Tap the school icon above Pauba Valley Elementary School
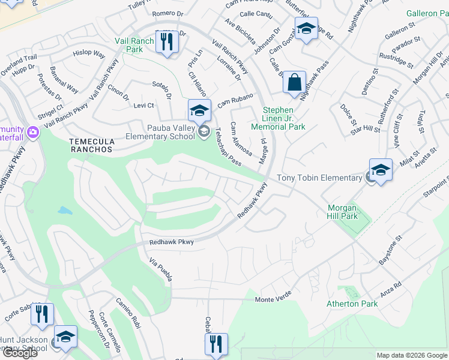click(199, 110)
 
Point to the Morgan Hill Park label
click(342, 212)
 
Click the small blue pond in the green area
click(65, 211)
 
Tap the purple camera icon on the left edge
click(33, 131)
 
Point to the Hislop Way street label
click(89, 53)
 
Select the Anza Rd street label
click(390, 289)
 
